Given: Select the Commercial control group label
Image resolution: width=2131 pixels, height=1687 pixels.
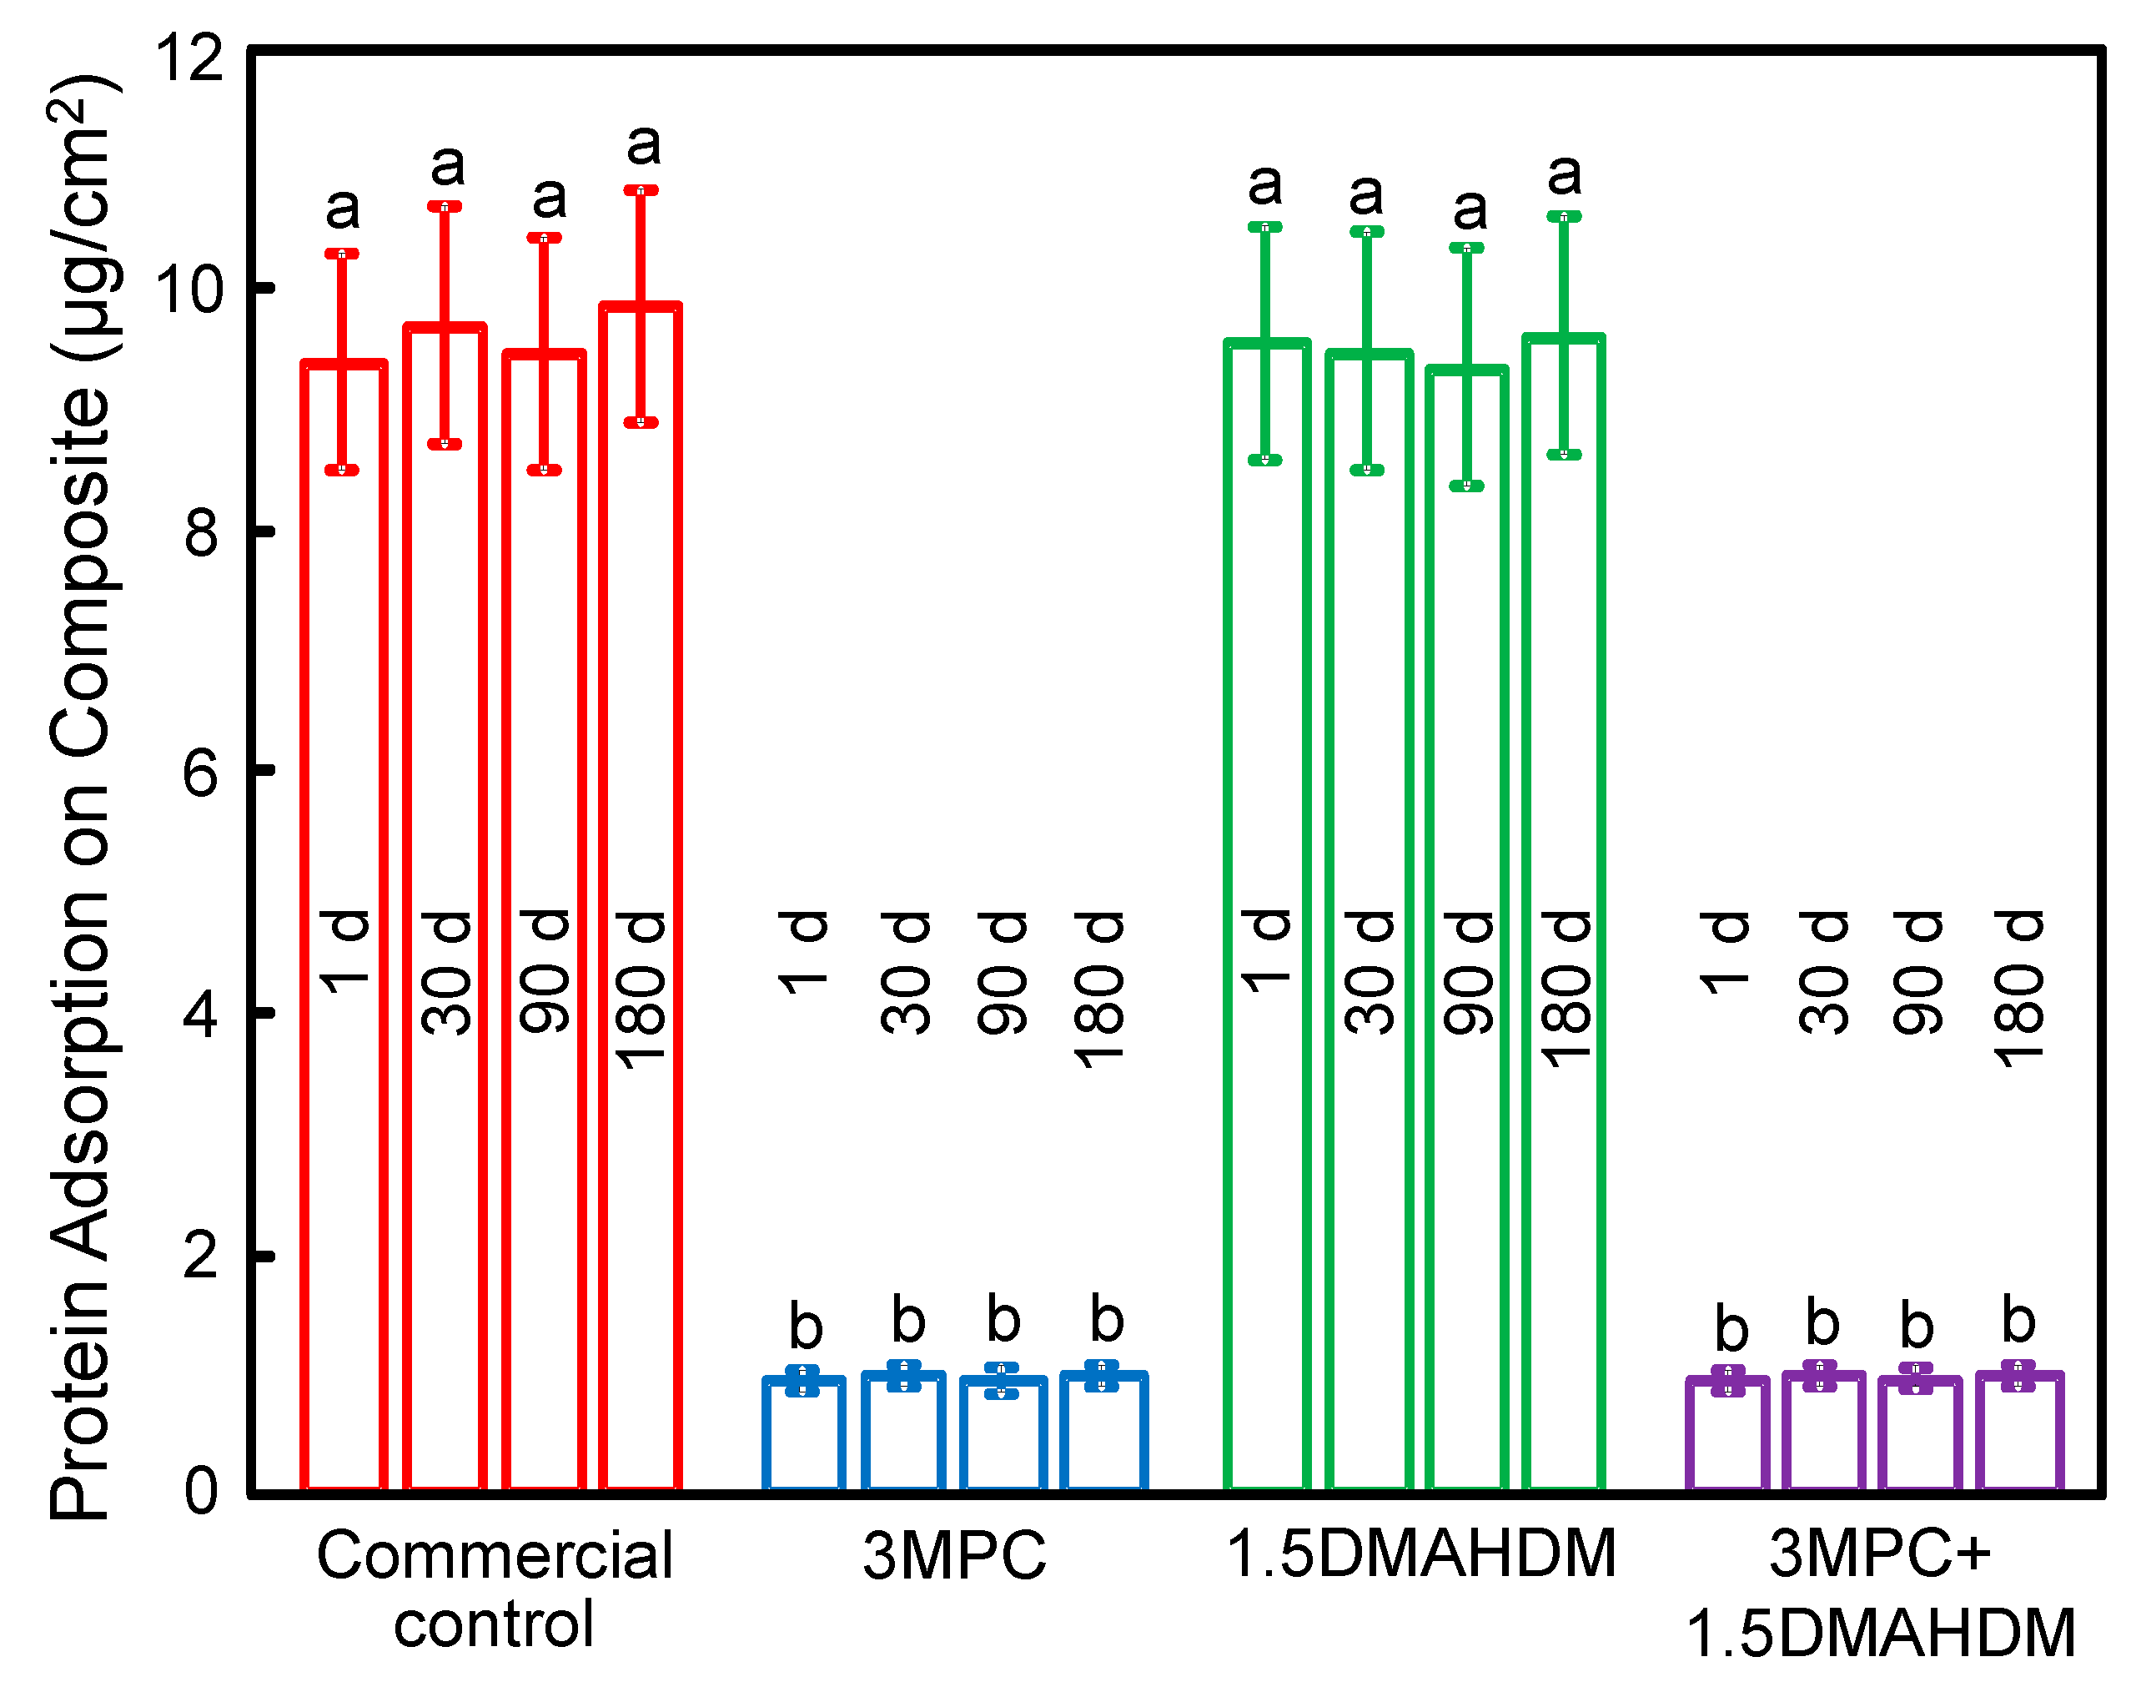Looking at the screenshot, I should tap(494, 1589).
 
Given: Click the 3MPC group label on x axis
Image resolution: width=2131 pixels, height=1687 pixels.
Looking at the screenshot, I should tap(954, 1557).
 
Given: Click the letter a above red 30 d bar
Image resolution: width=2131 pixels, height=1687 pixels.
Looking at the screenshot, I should tap(447, 164).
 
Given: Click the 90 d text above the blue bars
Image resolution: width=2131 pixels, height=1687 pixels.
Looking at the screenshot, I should tap(1003, 973).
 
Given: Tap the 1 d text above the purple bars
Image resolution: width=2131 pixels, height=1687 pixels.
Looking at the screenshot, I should tap(1724, 953).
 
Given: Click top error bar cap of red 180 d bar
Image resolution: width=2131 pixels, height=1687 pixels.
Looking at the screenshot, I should tap(640, 190).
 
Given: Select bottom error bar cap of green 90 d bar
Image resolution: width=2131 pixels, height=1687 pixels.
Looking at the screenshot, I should tap(1466, 486).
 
